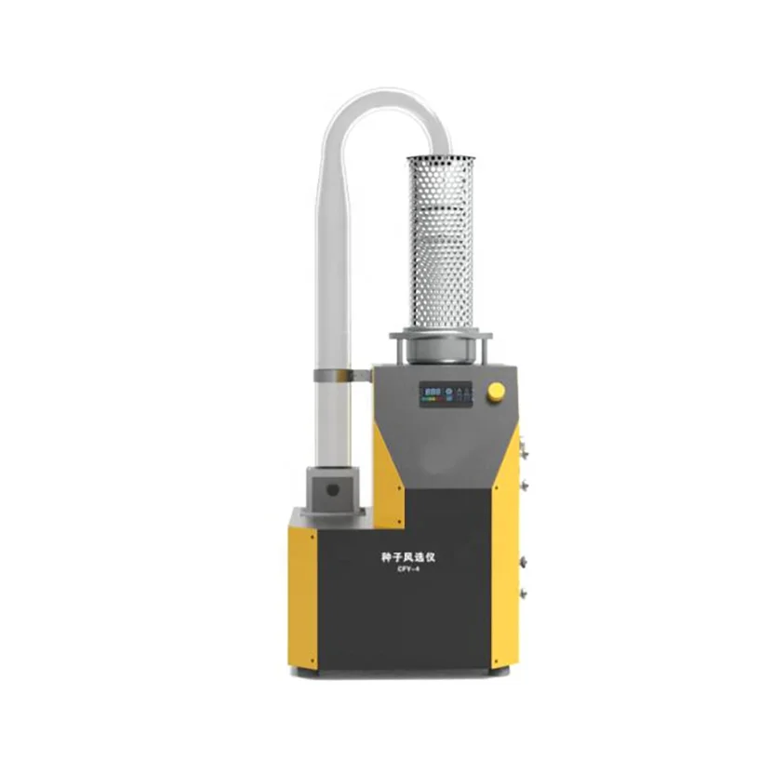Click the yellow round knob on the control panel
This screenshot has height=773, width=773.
point(496,392)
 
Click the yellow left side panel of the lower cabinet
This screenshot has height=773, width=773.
point(302,595)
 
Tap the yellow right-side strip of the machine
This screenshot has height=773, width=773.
point(507,558)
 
